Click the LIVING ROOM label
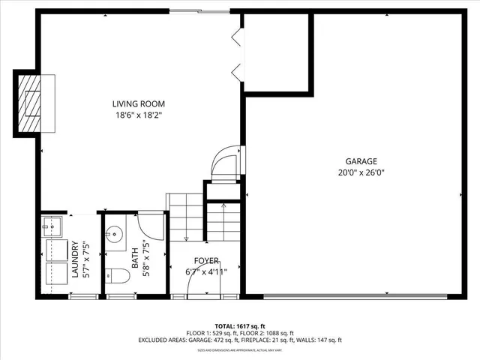pos(139,104)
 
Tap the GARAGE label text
pos(361,161)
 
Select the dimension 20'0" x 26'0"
pos(361,172)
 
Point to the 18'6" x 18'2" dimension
pos(139,115)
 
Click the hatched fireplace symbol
pos(29,102)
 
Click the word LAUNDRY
pos(75,259)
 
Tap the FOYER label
pos(206,261)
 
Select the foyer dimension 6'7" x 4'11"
pos(206,272)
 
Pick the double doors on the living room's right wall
pos(236,52)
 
